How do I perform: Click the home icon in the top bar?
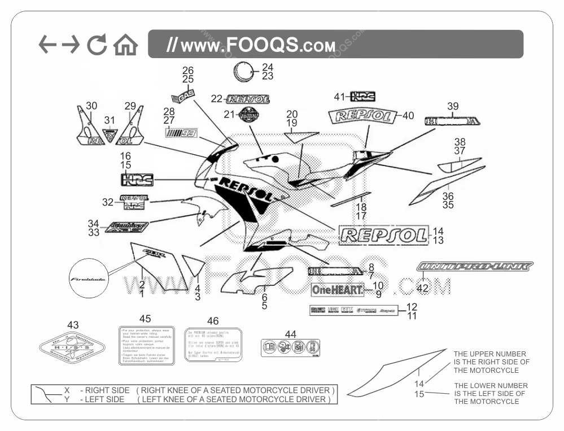tap(125, 45)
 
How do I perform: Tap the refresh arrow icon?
tap(97, 45)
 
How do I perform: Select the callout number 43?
tap(73, 325)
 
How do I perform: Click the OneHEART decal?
tap(337, 290)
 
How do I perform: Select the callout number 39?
tap(453, 106)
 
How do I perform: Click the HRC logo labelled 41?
tap(362, 97)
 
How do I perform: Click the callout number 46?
tap(213, 321)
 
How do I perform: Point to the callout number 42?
tap(422, 288)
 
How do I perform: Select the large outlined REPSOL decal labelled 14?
tap(382, 236)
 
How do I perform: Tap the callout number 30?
tap(91, 106)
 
